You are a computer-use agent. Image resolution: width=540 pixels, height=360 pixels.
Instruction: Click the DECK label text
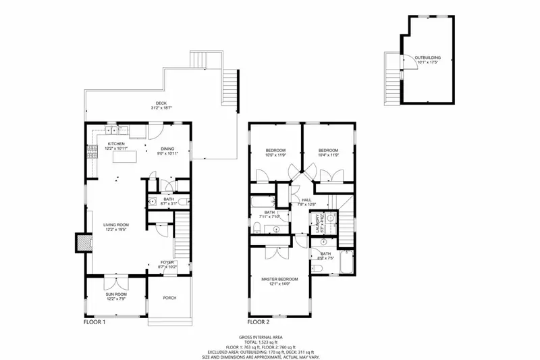pos(161,103)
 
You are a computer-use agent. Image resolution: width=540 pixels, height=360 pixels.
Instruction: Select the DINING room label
pos(167,149)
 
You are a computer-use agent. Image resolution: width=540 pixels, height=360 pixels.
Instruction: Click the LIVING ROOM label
pos(116,225)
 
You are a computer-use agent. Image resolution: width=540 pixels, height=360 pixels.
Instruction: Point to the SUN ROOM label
pos(116,295)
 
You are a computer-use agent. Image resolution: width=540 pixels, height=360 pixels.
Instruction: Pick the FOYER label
pos(167,262)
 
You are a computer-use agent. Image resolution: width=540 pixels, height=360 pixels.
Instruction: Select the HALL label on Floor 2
pos(306,201)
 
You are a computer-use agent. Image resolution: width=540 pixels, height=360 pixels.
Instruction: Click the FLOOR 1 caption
pos(94,322)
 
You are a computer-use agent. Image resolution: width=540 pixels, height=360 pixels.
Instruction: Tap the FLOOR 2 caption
pos(260,322)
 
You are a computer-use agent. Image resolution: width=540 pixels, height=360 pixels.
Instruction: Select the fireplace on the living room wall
pos(82,241)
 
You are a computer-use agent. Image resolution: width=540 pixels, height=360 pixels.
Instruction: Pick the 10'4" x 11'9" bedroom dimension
pos(328,155)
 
